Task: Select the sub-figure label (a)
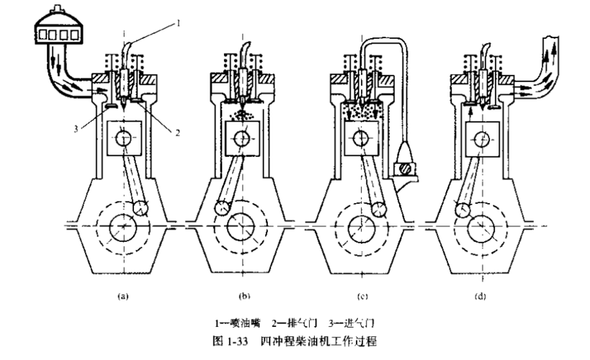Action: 122,297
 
